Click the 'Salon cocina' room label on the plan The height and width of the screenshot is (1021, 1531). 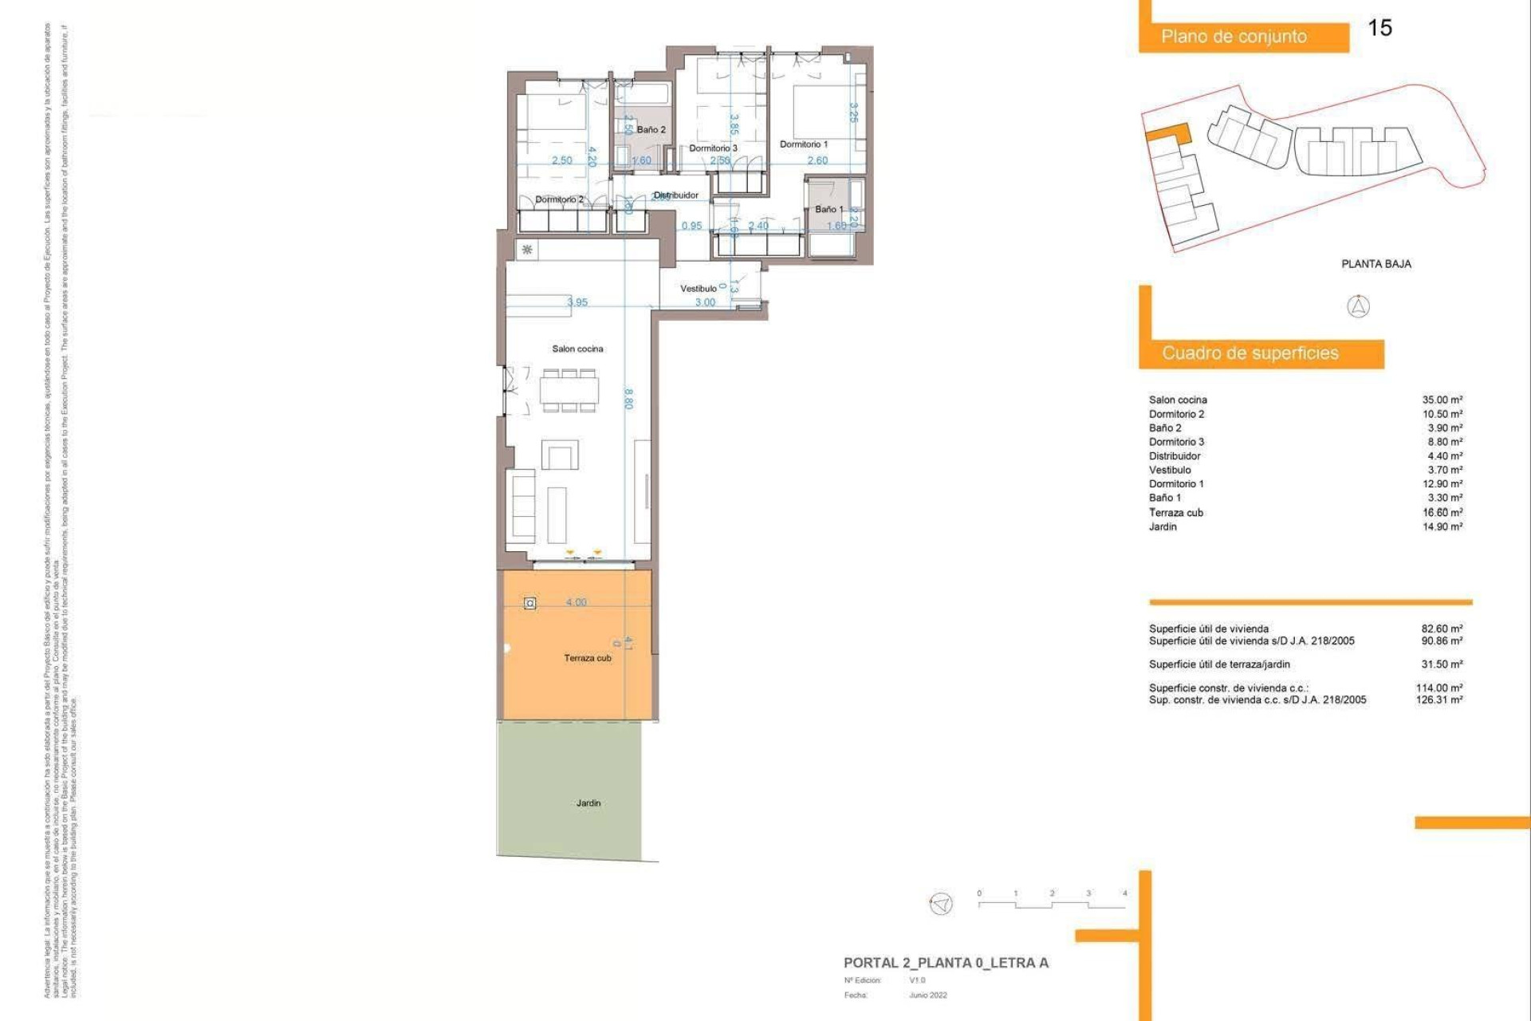[x=577, y=349]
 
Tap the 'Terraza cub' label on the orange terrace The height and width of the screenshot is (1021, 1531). [x=588, y=658]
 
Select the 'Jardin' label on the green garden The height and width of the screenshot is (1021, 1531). [x=588, y=803]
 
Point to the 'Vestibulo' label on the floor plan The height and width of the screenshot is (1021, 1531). [x=698, y=289]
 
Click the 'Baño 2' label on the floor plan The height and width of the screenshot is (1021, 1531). [x=651, y=129]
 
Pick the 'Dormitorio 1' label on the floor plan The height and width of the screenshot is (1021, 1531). [x=803, y=144]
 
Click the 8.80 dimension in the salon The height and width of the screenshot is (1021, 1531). [x=628, y=398]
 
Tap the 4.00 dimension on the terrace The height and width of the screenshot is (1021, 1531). [x=576, y=602]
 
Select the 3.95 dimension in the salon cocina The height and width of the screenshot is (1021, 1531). [x=577, y=302]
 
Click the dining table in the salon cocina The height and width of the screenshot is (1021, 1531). [x=569, y=390]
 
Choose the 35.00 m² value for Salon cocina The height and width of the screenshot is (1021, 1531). [x=1442, y=400]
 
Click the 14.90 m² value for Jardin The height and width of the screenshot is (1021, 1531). [x=1442, y=526]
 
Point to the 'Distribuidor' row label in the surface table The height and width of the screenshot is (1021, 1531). [x=1175, y=456]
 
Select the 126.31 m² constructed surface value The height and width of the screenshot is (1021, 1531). [x=1439, y=700]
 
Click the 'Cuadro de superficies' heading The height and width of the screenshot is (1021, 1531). [x=1250, y=353]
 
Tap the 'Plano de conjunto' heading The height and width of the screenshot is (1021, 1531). [x=1234, y=37]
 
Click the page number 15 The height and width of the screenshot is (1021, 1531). [x=1379, y=28]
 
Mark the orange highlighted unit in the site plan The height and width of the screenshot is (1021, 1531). [x=1169, y=134]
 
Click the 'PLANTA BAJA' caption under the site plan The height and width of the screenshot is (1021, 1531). [x=1376, y=264]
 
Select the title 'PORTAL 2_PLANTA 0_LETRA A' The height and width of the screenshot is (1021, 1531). [x=946, y=963]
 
